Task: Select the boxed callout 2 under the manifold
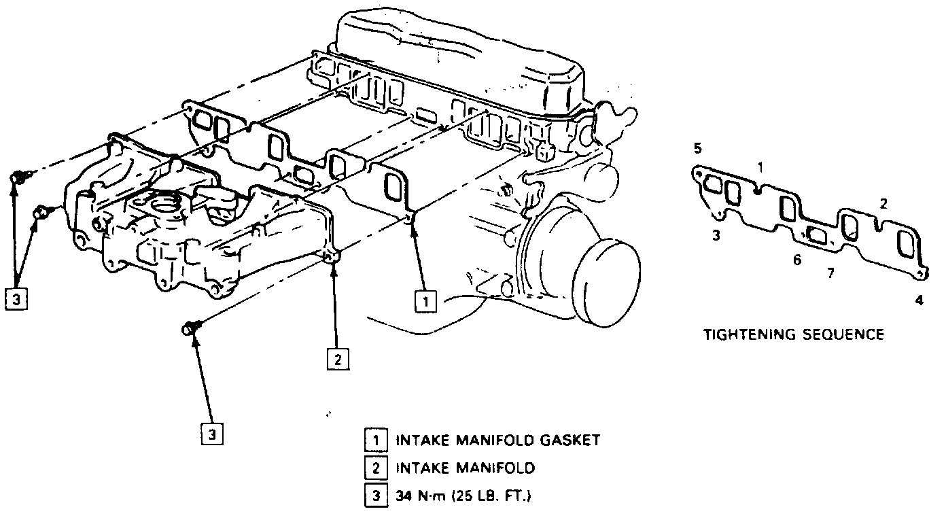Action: coord(338,358)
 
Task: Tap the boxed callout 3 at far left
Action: coord(16,298)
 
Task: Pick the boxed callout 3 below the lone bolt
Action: coord(211,434)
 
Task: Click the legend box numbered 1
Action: coord(374,440)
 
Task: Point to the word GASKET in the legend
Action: coord(569,440)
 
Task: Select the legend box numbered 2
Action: coord(374,468)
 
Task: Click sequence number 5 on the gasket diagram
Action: coord(698,148)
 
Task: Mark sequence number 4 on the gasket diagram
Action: coord(919,300)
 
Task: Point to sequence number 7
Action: coord(829,273)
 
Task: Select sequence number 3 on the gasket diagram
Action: coord(716,236)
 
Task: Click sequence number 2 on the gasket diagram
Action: coord(883,203)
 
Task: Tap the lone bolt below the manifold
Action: coord(190,328)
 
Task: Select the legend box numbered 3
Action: coord(374,496)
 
